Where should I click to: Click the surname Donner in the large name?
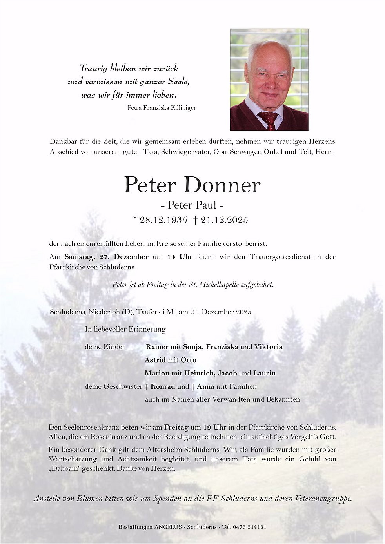(x=222, y=185)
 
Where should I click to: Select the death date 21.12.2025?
(x=224, y=220)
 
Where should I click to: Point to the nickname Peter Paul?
(x=192, y=205)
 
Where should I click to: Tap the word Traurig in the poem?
(x=94, y=68)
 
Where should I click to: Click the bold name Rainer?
(x=157, y=347)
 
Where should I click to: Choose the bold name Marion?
(x=157, y=373)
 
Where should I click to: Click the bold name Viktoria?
(x=268, y=347)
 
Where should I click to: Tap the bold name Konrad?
(x=163, y=386)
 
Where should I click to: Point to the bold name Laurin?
(x=264, y=373)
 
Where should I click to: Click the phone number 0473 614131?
(x=250, y=527)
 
